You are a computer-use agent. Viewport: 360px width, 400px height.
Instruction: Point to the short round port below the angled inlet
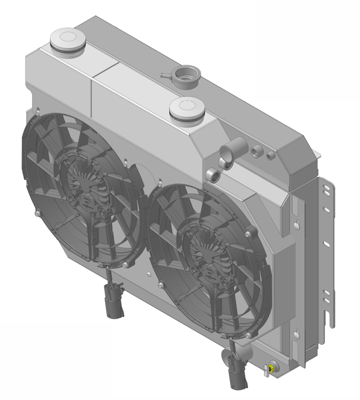213,174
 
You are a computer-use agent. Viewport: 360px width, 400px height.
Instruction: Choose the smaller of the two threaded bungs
270,156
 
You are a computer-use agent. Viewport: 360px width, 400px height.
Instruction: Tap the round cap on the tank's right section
186,107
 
